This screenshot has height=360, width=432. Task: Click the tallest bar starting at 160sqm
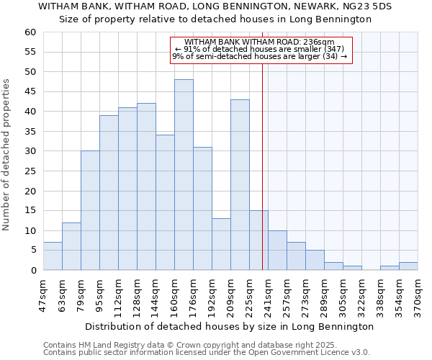(x=184, y=175)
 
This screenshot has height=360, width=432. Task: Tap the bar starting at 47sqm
(x=53, y=256)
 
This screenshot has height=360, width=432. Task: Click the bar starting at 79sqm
(x=90, y=210)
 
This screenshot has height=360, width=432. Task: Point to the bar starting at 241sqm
(x=277, y=251)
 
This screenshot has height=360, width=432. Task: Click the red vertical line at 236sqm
(x=262, y=158)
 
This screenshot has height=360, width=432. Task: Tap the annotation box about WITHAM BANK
(x=261, y=50)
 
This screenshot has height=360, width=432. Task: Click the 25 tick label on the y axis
(x=30, y=171)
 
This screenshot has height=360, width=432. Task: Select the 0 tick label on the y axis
(x=32, y=271)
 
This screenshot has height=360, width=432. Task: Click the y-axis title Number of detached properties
(x=7, y=155)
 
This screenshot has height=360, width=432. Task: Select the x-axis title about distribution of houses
(x=230, y=326)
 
